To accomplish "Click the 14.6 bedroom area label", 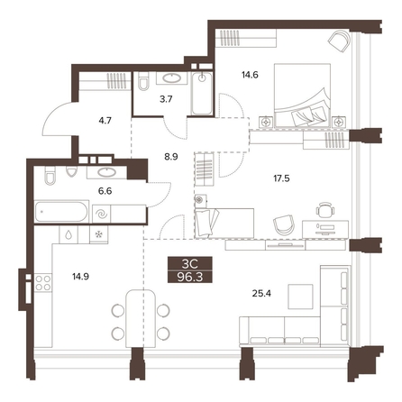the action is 250,75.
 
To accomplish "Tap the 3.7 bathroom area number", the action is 166,99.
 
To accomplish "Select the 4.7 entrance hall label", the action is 105,121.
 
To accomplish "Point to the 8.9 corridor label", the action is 171,157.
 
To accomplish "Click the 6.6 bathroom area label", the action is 105,190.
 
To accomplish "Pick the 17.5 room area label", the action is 281,178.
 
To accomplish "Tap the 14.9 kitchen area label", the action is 80,276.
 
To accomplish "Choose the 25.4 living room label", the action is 261,293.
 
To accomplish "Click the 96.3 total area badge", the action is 190,277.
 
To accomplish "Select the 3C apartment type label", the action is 190,264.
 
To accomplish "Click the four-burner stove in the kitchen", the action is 43,283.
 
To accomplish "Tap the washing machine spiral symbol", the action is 101,214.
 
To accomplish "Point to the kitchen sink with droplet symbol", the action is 69,234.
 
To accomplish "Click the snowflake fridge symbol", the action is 99,234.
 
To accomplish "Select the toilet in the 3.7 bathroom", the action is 143,81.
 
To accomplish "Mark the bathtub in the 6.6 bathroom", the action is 61,212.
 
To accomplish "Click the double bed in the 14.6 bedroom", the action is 302,96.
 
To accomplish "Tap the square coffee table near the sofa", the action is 300,297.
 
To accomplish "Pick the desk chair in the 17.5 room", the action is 325,209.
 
